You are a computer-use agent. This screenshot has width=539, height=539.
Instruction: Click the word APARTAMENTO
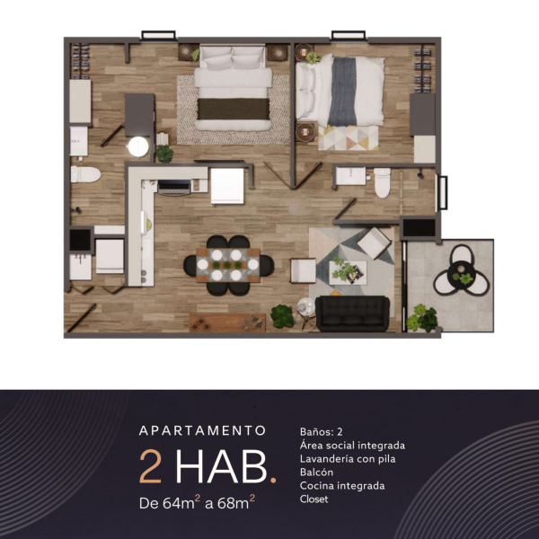pos(202,430)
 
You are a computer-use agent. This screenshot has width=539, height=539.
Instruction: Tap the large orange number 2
pos(151,467)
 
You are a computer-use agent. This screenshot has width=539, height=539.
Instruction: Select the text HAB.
pos(225,467)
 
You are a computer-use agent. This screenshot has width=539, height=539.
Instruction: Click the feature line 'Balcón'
pos(316,472)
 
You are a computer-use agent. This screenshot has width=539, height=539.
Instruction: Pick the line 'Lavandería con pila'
pos(348,458)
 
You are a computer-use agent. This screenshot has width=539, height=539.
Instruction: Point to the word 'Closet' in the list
pos(314,499)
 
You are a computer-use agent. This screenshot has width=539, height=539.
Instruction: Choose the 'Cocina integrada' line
pos(342,485)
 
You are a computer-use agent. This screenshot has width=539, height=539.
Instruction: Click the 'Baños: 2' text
pos(321,432)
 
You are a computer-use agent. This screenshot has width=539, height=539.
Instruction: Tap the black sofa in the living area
pos(352,314)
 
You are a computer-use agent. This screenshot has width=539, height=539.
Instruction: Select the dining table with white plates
pos(228,265)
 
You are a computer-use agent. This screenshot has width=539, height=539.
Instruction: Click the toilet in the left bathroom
pos(85,174)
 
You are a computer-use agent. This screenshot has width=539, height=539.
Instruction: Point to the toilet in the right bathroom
pos(383,183)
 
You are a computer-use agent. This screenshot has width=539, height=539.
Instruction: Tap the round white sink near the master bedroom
pos(138,146)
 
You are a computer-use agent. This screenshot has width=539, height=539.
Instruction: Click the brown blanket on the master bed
pos(233,109)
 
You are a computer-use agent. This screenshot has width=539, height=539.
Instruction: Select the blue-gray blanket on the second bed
pos(341,92)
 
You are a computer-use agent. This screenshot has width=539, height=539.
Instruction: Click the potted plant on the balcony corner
pos(422,318)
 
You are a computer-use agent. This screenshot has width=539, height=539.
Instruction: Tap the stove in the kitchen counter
pos(174,188)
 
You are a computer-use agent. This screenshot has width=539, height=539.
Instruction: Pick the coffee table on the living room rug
pos(348,272)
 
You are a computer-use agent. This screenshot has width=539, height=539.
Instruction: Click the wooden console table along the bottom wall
pos(227,323)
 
